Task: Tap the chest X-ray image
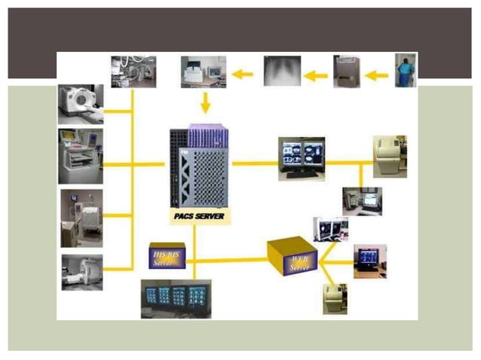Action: [282, 71]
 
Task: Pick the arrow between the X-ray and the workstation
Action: [242, 74]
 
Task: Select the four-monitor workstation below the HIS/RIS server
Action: [176, 299]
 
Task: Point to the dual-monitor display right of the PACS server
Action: [302, 158]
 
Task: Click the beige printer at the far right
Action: [390, 156]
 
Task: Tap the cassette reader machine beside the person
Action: [347, 72]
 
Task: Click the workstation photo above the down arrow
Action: [203, 72]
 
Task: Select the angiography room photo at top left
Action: [133, 71]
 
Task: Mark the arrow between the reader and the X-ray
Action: [317, 75]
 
